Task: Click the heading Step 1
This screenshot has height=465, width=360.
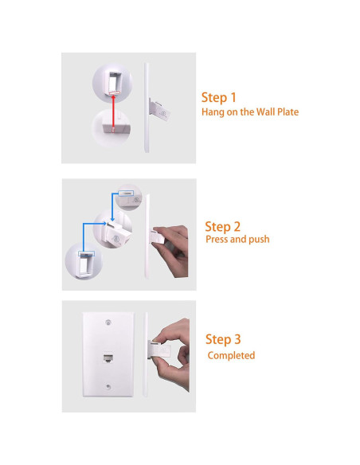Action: [x=219, y=97]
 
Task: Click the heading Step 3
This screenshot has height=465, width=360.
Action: [x=223, y=339]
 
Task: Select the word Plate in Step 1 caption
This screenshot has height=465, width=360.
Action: [x=286, y=112]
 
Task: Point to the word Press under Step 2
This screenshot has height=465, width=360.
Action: [x=218, y=239]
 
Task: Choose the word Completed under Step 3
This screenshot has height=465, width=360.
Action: [x=231, y=355]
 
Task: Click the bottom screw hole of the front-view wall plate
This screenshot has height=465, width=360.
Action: [x=107, y=388]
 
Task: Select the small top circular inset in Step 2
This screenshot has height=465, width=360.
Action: [x=128, y=194]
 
